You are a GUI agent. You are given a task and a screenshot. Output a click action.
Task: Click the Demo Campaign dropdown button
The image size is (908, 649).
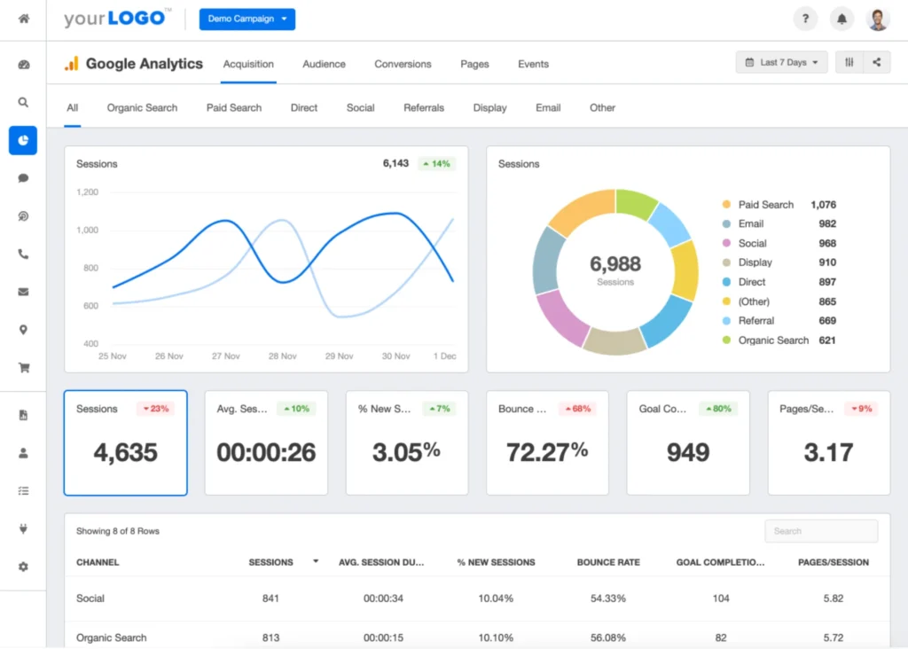247,19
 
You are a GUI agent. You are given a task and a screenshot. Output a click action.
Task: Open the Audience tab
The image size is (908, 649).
324,64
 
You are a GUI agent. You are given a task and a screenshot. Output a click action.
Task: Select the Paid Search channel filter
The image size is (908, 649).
234,107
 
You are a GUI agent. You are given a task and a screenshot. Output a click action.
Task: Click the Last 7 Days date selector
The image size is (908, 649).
781,63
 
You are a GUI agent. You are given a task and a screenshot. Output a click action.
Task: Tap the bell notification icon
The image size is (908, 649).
841,19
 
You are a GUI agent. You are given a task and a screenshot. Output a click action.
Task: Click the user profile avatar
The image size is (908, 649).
878,19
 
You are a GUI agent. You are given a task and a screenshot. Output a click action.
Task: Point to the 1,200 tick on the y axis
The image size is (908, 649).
88,192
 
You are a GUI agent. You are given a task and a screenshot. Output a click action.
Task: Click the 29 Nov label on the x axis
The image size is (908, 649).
340,356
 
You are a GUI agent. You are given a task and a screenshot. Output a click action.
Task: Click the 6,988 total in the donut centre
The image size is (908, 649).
615,263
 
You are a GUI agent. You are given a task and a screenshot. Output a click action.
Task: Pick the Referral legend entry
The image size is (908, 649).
755,321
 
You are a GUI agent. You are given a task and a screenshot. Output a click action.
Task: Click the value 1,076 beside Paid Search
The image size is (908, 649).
823,205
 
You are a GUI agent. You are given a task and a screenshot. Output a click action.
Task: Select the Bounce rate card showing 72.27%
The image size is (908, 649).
547,442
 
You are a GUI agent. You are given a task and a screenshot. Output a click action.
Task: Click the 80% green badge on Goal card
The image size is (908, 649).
718,409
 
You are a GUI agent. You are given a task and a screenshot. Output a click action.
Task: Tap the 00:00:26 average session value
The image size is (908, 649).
266,452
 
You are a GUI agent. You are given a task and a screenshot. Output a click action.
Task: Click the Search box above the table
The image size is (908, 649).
821,531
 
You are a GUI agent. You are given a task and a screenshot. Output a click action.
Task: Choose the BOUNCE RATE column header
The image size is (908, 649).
608,562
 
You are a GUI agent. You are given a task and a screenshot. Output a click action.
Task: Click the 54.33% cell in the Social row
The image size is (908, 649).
608,598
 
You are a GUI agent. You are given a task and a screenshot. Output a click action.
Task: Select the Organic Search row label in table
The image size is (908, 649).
112,637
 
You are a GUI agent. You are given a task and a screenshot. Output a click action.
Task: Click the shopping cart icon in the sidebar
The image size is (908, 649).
23,367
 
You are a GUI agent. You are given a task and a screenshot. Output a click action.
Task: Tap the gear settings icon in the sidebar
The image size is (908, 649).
23,567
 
